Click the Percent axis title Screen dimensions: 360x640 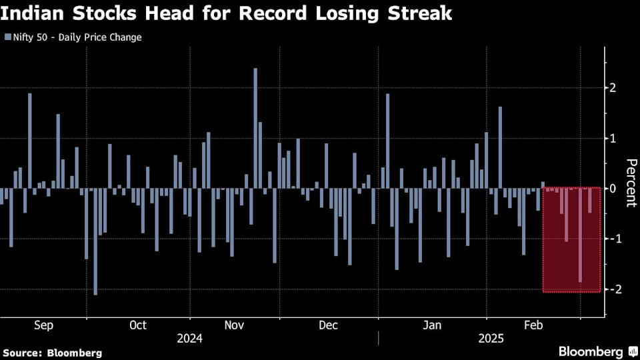tap(629, 183)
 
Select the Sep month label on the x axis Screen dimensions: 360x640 tap(43, 325)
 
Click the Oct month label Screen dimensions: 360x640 tap(138, 325)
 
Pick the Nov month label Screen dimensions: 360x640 tap(234, 325)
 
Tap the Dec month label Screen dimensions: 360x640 tap(329, 325)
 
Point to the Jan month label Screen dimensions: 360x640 tap(433, 325)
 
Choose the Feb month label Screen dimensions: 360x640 tap(533, 325)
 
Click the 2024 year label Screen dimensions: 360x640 tap(189, 339)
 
